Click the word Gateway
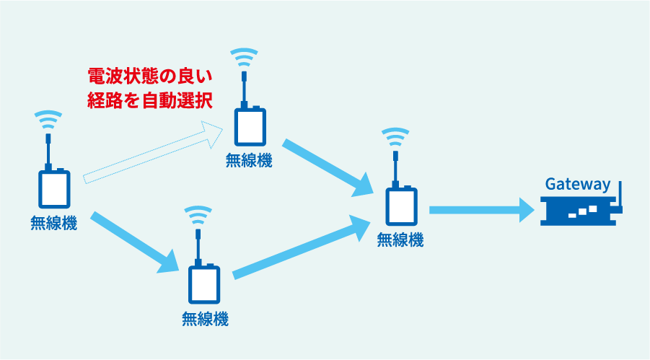click(577, 184)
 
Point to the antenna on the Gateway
click(620, 196)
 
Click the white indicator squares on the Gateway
click(583, 211)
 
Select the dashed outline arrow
click(153, 152)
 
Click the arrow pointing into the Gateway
click(482, 210)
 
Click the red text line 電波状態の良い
click(149, 76)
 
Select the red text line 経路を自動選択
click(149, 101)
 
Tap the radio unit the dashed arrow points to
click(250, 126)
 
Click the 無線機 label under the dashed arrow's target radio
click(249, 160)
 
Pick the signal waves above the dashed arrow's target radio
click(244, 57)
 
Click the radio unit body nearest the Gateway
click(401, 206)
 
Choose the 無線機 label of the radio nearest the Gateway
click(400, 240)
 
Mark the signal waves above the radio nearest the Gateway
click(395, 137)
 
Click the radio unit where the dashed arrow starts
click(54, 189)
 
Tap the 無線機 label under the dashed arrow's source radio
click(53, 223)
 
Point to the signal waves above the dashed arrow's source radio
click(48, 120)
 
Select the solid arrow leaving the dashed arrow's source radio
click(134, 242)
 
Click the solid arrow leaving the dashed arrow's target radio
click(328, 168)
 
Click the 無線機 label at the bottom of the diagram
click(205, 320)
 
